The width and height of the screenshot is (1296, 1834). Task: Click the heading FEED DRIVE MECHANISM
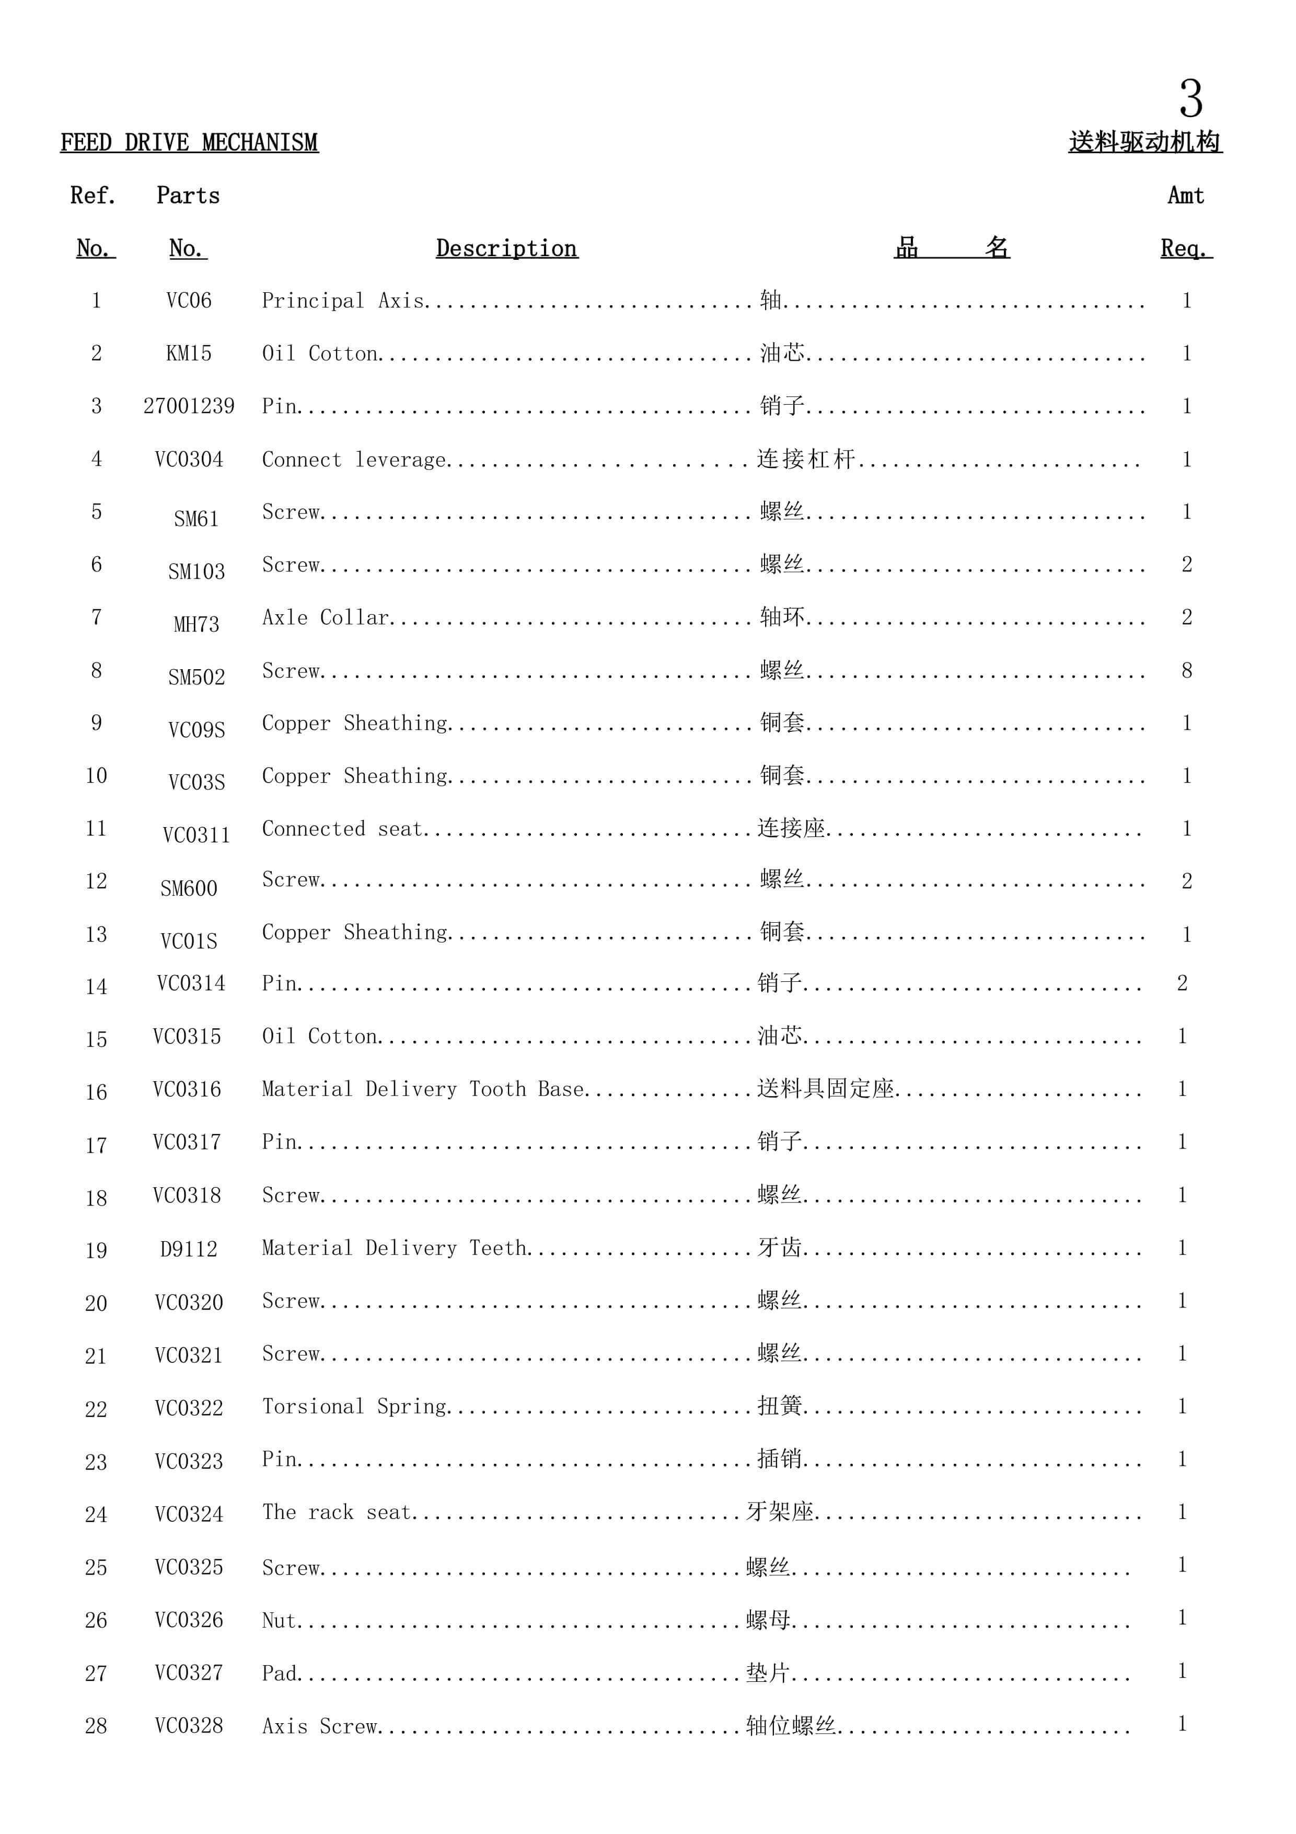tap(189, 143)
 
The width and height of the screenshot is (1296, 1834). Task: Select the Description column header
tap(506, 248)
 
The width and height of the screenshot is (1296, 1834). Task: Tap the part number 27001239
tap(189, 406)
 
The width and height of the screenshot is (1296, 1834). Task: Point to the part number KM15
tap(189, 353)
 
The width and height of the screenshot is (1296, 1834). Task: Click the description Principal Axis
tap(343, 300)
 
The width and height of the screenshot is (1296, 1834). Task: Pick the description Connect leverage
tap(354, 460)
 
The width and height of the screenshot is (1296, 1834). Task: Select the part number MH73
tap(196, 624)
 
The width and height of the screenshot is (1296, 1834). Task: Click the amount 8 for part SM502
tap(1187, 670)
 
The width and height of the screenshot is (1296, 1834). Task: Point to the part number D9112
tap(189, 1248)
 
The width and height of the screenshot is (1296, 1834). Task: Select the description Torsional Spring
tap(354, 1406)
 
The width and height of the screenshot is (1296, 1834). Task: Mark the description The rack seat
tap(336, 1511)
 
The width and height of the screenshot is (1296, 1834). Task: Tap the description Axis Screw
tap(319, 1725)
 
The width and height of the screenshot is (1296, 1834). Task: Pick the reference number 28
tap(96, 1725)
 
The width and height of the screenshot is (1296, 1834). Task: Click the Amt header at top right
tap(1186, 196)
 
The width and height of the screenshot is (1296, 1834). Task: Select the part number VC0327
tap(189, 1672)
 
